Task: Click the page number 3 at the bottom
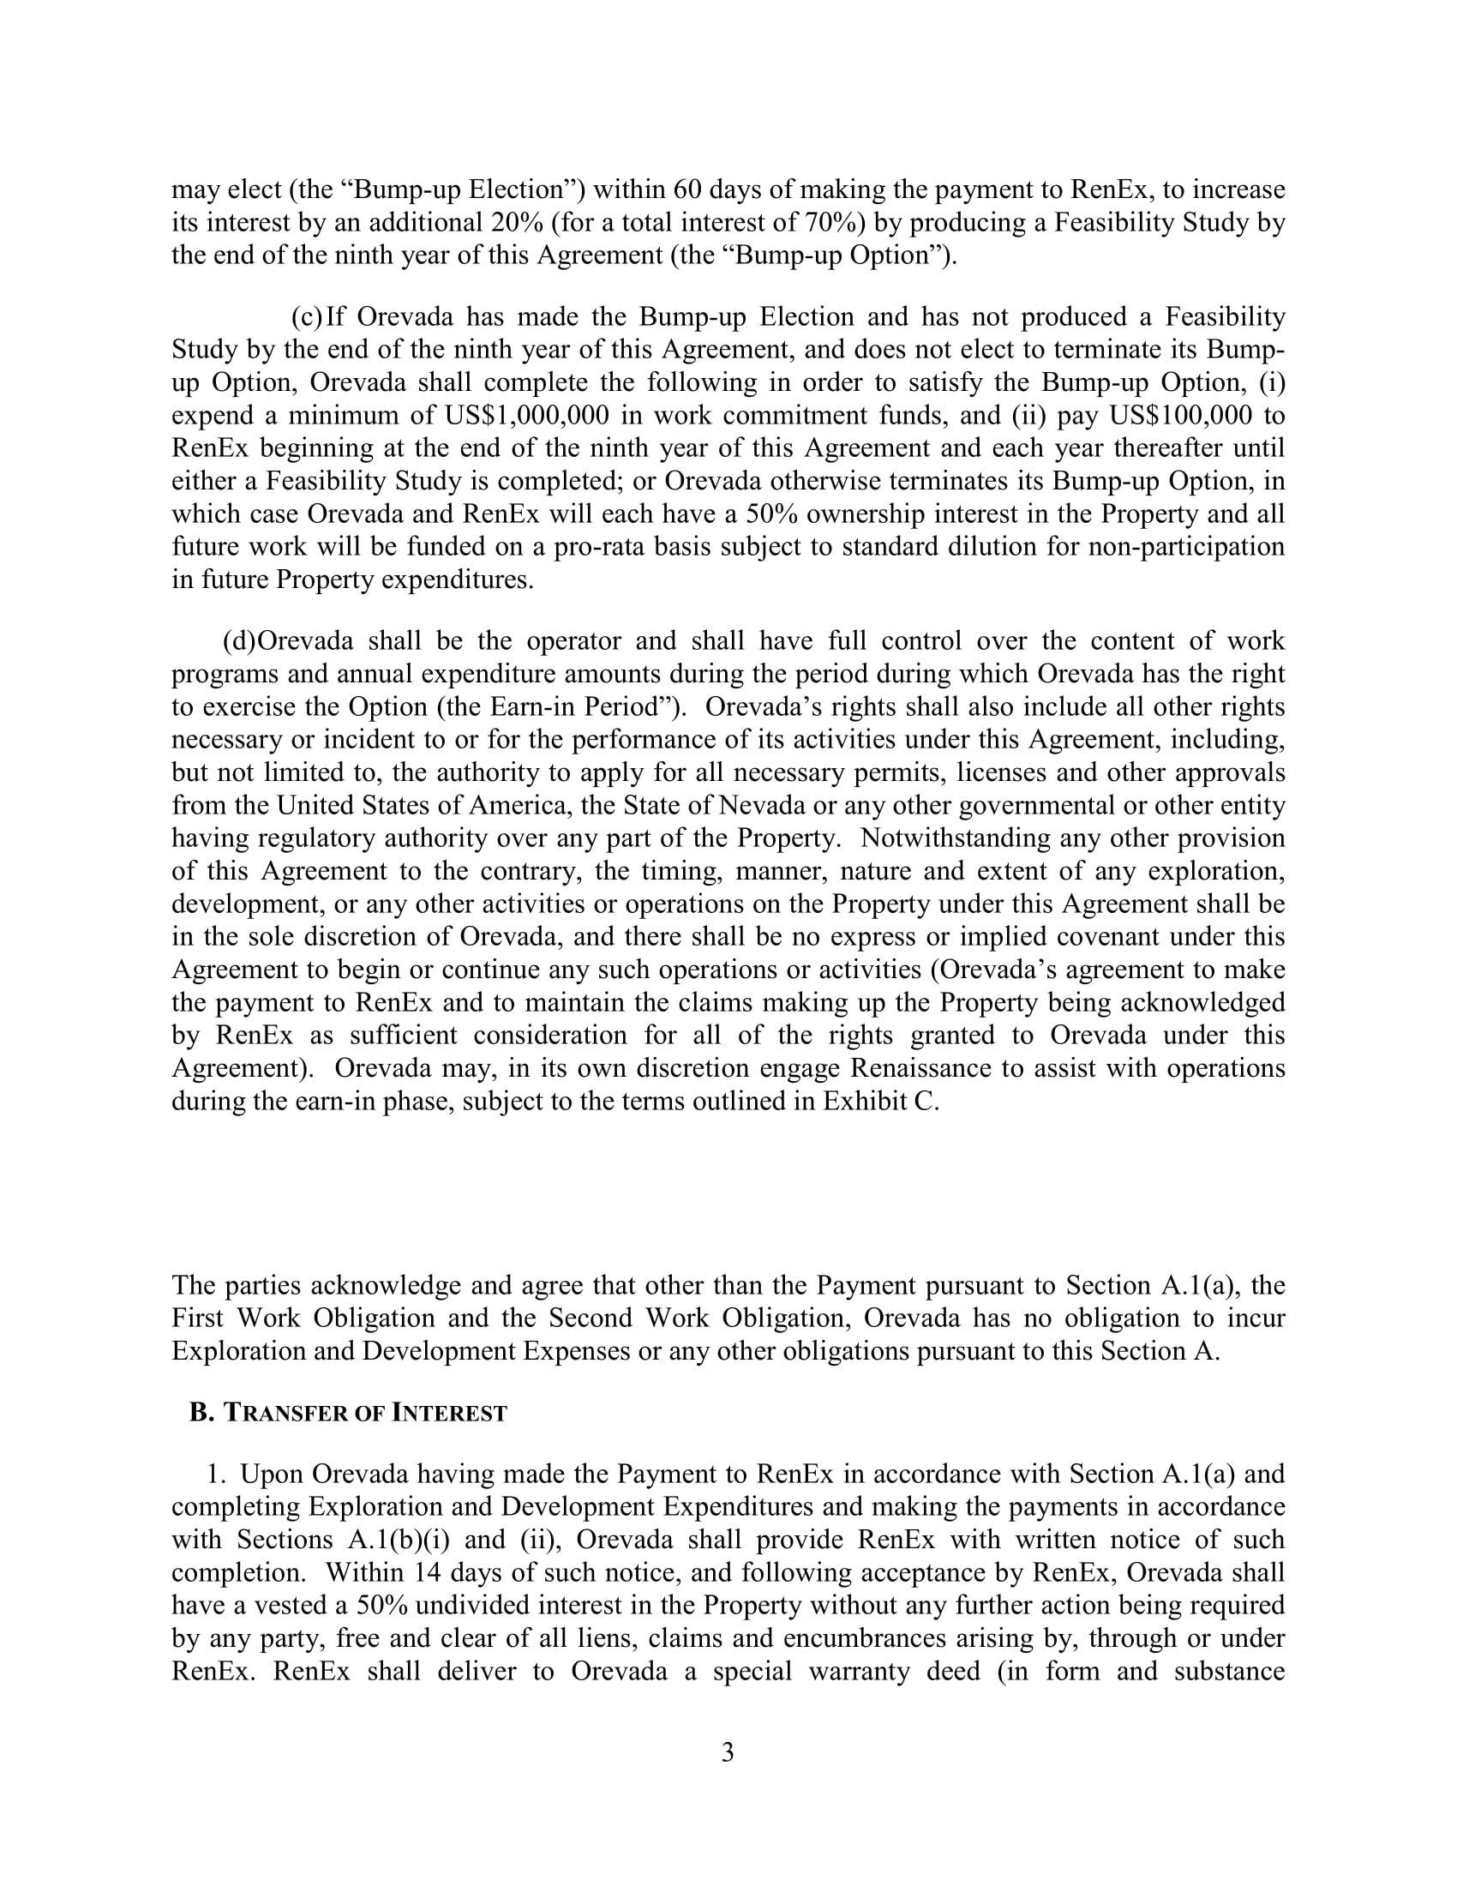tap(728, 1752)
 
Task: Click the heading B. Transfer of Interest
tap(348, 1413)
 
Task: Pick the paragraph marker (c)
tap(307, 317)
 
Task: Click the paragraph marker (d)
tap(239, 640)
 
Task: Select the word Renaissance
tap(921, 1067)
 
